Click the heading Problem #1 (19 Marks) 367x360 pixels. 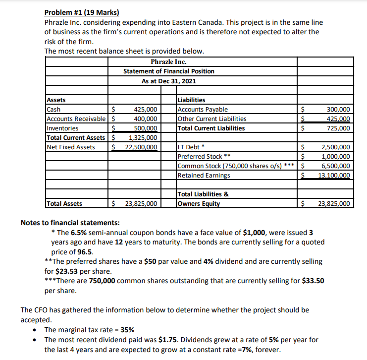(82, 12)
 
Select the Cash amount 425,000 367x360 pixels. (146, 110)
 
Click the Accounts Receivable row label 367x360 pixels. (76, 119)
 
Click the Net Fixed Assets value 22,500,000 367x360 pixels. (141, 147)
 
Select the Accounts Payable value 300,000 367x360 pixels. (339, 110)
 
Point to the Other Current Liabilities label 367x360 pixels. (211, 119)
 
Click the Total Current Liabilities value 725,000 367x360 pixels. (339, 128)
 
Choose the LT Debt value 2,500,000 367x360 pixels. (336, 147)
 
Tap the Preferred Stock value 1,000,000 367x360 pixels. (336, 156)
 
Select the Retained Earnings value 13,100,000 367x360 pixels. (334, 175)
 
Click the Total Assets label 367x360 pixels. (64, 203)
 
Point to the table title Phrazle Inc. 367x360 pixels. (168, 62)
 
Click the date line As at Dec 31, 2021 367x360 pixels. (168, 81)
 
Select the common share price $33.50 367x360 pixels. (314, 280)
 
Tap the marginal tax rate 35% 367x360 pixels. (125, 330)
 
